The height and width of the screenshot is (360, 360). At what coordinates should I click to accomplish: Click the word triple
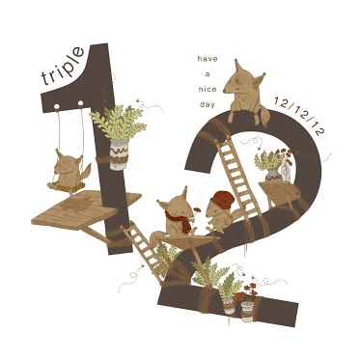tap(63, 66)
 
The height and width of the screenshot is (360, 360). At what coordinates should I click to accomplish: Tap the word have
tap(208, 59)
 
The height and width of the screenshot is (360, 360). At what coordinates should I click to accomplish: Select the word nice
tap(208, 89)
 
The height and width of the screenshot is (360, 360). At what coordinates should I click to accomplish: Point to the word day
tap(208, 104)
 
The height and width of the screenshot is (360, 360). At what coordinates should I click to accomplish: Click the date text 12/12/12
tap(300, 115)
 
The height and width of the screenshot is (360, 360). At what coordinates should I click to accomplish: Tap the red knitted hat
tap(222, 200)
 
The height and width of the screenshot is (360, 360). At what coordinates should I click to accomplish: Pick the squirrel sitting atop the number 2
tap(246, 94)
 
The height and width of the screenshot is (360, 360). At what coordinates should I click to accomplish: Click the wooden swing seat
tap(67, 187)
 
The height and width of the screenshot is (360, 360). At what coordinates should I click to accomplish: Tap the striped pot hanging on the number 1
tap(119, 154)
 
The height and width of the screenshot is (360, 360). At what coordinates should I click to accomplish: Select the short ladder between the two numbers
tap(143, 250)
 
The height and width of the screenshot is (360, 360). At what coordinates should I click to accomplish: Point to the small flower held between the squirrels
tap(197, 210)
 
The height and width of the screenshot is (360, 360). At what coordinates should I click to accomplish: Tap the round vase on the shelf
tap(273, 175)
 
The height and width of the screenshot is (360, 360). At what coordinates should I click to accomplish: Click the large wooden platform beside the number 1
tap(86, 208)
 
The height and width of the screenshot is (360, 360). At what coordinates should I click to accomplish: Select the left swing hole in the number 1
tap(57, 106)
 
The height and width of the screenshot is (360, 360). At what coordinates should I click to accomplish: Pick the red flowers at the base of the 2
tap(248, 291)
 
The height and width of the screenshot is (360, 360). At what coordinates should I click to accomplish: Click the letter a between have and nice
tap(208, 74)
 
